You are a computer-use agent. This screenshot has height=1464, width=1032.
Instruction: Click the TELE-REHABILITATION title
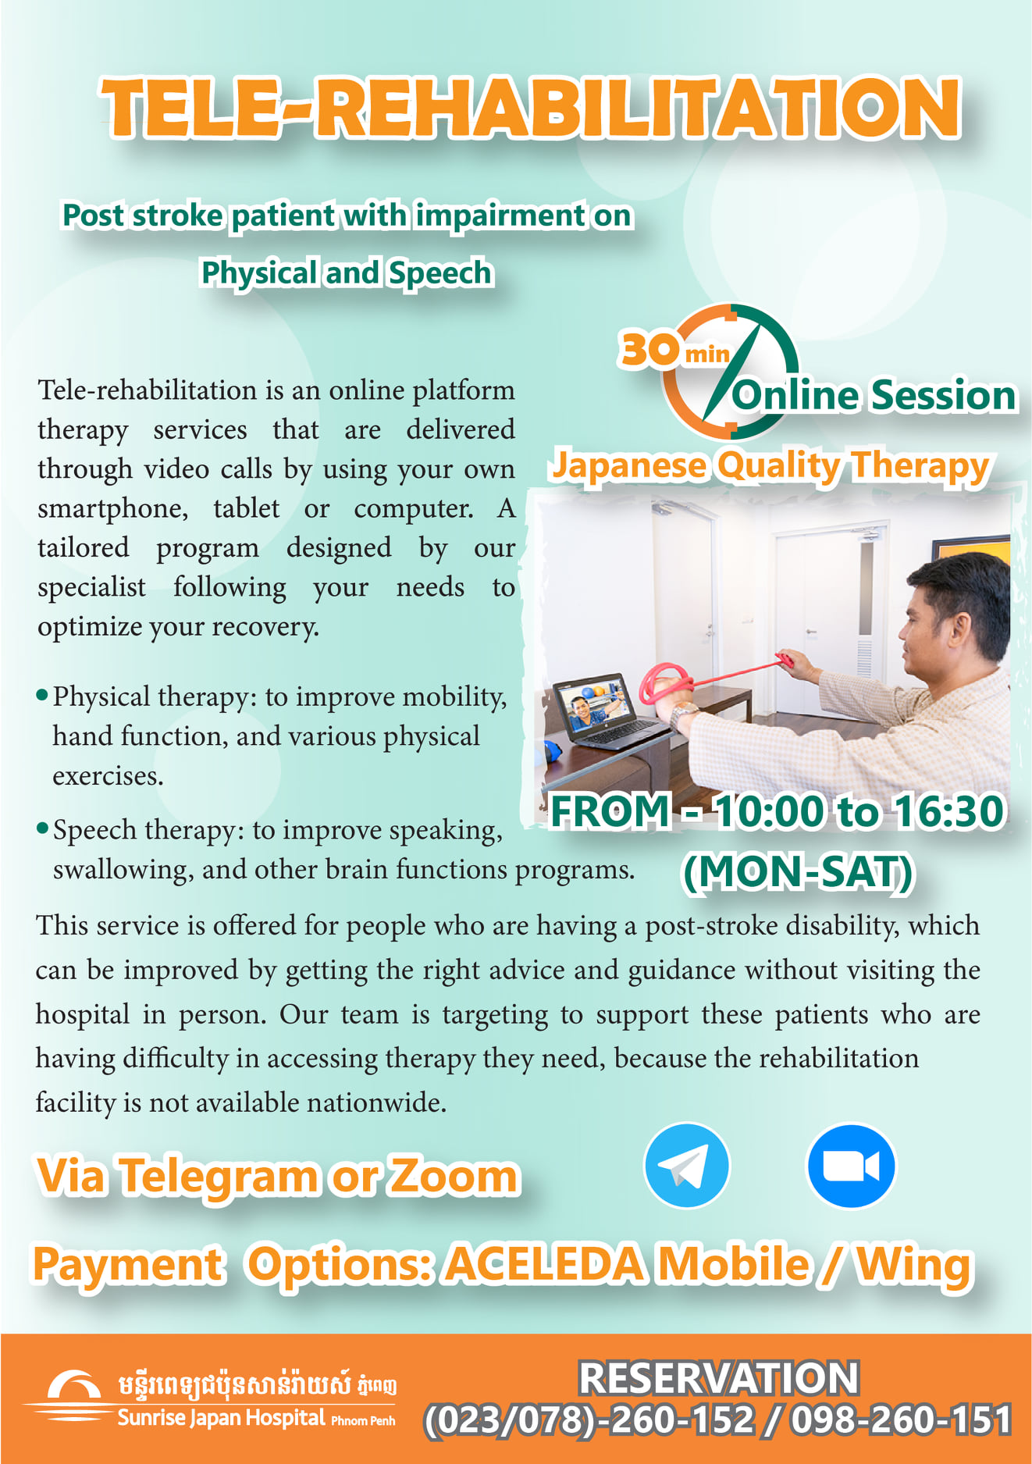coord(531,109)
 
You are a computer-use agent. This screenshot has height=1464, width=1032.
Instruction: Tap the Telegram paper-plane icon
coord(686,1166)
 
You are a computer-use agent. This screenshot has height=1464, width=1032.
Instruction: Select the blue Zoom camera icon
coord(850,1166)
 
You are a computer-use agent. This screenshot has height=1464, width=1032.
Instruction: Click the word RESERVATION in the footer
coord(718,1378)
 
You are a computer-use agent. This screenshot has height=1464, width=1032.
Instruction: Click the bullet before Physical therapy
coord(43,694)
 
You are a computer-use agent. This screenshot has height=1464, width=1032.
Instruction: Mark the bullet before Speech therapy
coord(43,828)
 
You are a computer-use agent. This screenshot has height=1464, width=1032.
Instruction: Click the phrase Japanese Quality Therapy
coord(770,466)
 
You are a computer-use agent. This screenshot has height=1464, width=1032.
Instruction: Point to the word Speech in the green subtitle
coord(440,273)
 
